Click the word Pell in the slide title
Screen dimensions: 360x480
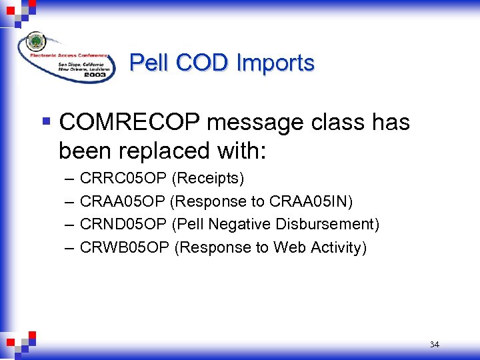point(149,63)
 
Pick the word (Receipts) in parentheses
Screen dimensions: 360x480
point(208,179)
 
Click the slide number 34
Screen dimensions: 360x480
point(435,345)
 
